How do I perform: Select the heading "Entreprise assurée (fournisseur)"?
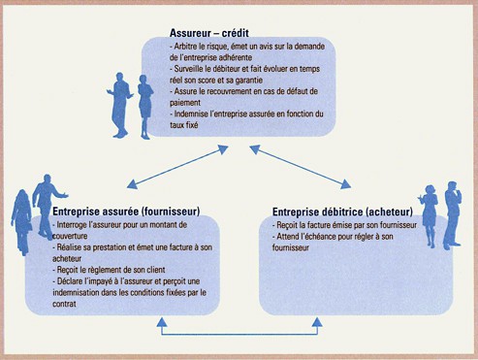pos(126,211)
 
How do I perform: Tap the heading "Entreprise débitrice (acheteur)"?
pos(342,212)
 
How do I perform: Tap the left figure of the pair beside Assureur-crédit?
pos(122,102)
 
